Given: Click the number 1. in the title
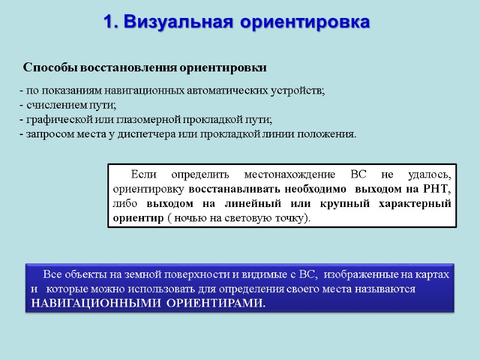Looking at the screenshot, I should [x=111, y=22].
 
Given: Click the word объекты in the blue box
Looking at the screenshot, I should [x=86, y=275].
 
